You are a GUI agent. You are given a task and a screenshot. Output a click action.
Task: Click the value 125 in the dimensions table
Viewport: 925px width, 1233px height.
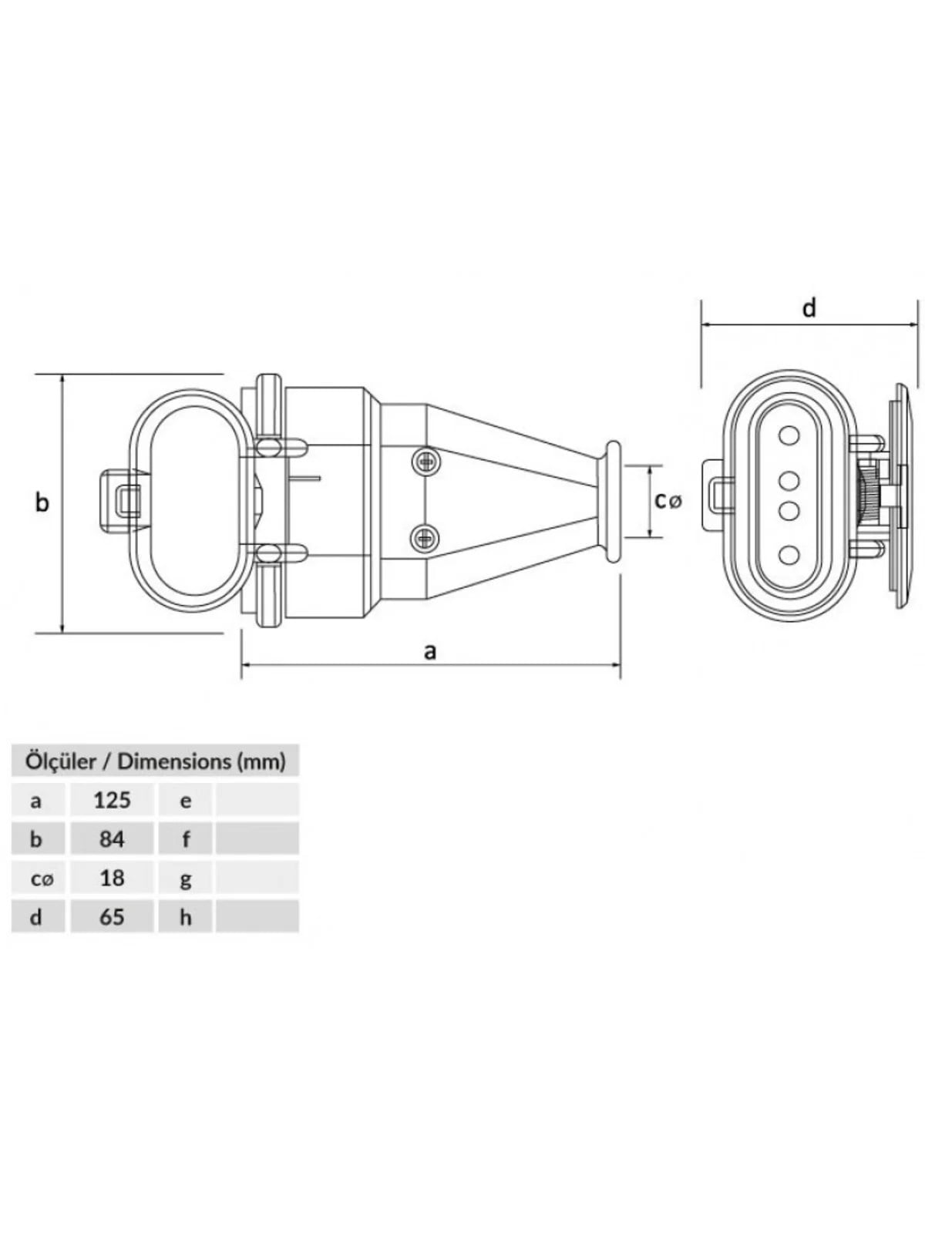[112, 800]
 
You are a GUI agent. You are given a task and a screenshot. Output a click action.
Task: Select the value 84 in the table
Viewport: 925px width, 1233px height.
[112, 839]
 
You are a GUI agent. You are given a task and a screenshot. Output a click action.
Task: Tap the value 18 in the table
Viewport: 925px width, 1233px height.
[112, 878]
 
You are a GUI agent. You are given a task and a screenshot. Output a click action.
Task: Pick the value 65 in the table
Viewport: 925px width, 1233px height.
[112, 917]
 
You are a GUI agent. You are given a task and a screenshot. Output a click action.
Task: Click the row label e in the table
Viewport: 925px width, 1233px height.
[185, 801]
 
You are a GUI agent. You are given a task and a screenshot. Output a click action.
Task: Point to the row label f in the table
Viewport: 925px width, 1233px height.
[186, 839]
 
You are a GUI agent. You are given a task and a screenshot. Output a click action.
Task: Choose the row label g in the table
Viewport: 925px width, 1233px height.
[185, 880]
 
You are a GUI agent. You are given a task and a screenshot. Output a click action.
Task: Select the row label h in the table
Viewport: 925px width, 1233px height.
[185, 917]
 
